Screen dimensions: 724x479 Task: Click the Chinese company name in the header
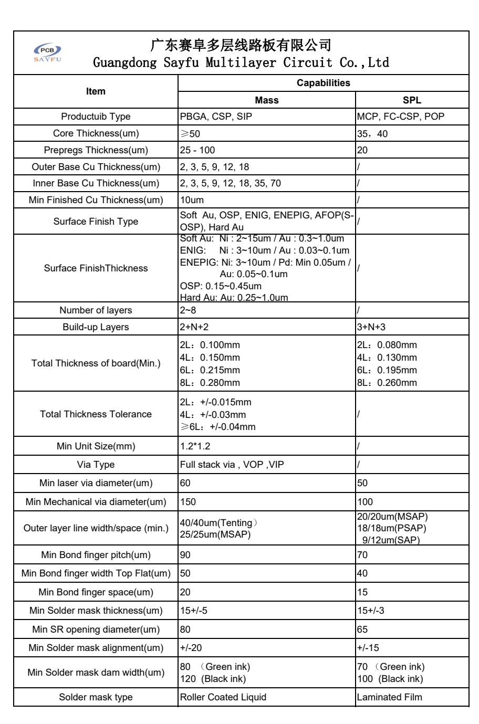coord(241,45)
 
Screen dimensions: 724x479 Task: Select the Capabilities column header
coord(323,83)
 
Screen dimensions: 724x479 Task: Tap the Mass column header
coord(267,100)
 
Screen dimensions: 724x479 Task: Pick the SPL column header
coord(412,100)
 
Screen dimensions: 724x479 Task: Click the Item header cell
coord(96,91)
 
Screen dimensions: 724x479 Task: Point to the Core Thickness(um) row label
coord(96,133)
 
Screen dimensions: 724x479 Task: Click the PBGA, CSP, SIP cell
coord(216,117)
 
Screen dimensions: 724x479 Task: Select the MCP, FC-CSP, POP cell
coord(400,117)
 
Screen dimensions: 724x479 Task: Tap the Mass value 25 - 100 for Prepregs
coord(197,150)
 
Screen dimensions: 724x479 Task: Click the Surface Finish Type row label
coord(96,222)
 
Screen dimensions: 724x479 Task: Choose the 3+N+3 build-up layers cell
coord(371,327)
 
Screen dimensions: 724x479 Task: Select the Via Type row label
coord(96,465)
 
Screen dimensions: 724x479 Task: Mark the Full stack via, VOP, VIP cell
coord(232,465)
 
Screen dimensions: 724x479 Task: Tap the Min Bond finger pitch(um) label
coord(96,555)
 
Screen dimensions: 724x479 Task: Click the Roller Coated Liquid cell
coord(223,697)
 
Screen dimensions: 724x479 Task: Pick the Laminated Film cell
coord(389,697)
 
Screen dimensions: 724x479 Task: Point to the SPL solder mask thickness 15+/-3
coord(371,611)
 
